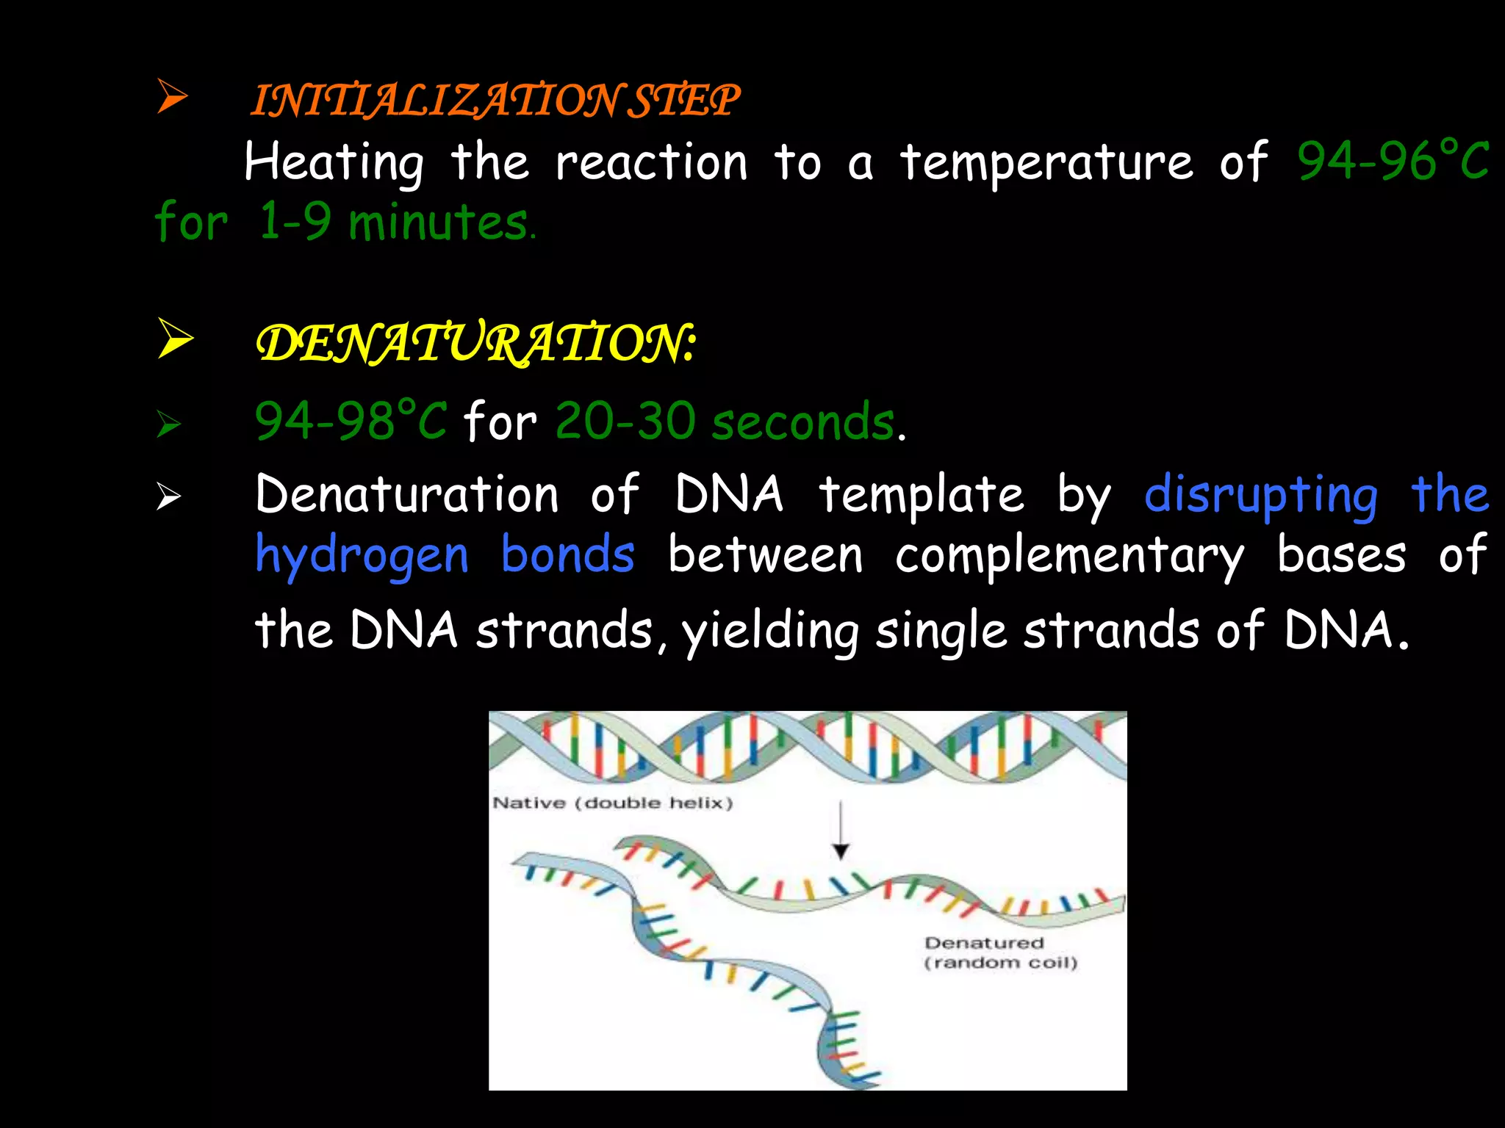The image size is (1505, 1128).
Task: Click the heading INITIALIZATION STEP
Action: click(495, 101)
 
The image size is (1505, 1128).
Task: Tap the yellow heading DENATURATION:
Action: click(475, 343)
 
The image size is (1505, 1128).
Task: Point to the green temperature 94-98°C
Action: click(350, 421)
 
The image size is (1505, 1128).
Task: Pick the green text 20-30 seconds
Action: click(725, 422)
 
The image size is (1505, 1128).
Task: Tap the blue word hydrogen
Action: click(362, 555)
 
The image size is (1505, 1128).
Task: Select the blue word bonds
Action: click(567, 555)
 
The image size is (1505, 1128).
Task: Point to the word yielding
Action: click(770, 631)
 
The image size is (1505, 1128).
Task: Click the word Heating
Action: click(334, 162)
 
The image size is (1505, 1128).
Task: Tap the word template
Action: click(922, 494)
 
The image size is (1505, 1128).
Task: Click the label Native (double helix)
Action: click(613, 803)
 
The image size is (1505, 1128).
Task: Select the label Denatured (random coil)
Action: click(1000, 952)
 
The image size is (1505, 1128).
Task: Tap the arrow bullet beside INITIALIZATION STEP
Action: click(172, 98)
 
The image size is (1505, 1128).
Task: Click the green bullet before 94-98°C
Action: click(168, 424)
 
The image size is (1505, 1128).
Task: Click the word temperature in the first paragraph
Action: click(1046, 162)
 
